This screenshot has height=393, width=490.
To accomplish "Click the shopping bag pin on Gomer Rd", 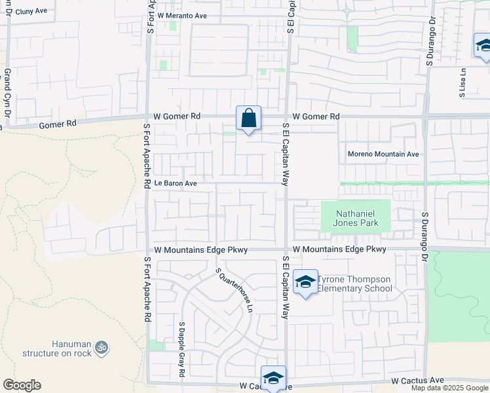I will pyautogui.click(x=248, y=119).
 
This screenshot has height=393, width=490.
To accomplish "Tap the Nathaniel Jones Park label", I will pyautogui.click(x=354, y=219).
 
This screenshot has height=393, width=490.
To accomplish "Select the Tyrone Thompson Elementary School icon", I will pyautogui.click(x=305, y=282).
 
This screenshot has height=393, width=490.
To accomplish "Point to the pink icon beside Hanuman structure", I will pyautogui.click(x=101, y=346).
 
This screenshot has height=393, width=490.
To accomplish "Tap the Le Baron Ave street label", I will pyautogui.click(x=175, y=184).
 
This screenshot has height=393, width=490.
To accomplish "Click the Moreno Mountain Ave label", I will pyautogui.click(x=383, y=155).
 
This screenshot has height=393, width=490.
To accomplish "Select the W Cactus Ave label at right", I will pyautogui.click(x=417, y=381).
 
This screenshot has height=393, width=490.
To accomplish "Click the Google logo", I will pyautogui.click(x=22, y=385).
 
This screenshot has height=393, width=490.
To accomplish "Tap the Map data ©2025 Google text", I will pyautogui.click(x=449, y=388).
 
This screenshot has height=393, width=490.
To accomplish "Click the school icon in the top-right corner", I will pyautogui.click(x=483, y=46).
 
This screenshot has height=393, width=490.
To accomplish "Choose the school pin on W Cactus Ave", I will pyautogui.click(x=273, y=378).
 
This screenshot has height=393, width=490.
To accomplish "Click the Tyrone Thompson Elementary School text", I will pyautogui.click(x=354, y=284).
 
